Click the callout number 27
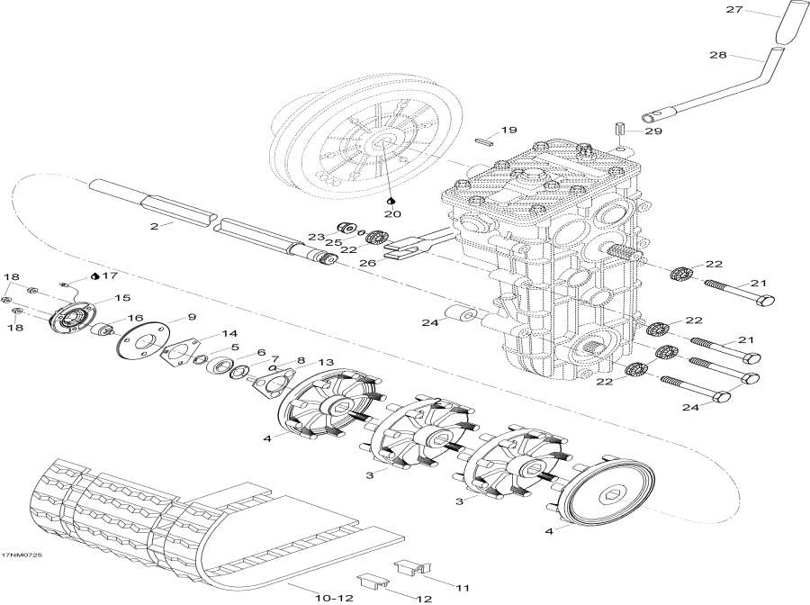(x=733, y=11)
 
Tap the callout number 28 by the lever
(x=718, y=56)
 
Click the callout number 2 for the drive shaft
(x=154, y=226)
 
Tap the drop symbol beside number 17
(x=95, y=275)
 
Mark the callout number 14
(x=204, y=333)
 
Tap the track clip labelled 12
(x=369, y=585)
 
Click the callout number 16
(x=135, y=318)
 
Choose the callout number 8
(x=301, y=359)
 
